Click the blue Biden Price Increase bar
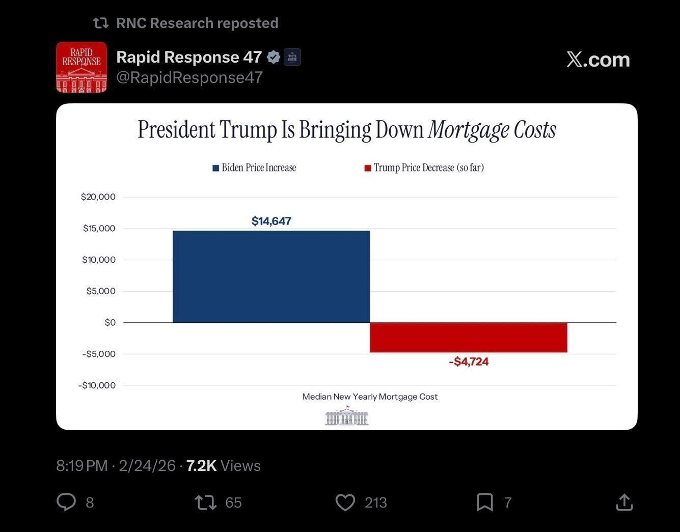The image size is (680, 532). pyautogui.click(x=271, y=276)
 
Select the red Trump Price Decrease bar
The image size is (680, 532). pyautogui.click(x=468, y=337)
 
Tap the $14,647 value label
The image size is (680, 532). pyautogui.click(x=271, y=221)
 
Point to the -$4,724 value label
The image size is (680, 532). pyautogui.click(x=469, y=361)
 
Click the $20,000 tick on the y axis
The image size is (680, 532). pyautogui.click(x=98, y=197)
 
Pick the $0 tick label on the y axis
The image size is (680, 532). pyautogui.click(x=110, y=322)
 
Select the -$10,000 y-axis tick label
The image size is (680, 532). pyautogui.click(x=97, y=385)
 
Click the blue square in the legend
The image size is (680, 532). pyautogui.click(x=216, y=168)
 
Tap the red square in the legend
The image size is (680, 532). pyautogui.click(x=367, y=168)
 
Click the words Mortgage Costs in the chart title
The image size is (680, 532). pyautogui.click(x=492, y=130)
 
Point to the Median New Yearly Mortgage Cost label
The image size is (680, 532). pyautogui.click(x=370, y=397)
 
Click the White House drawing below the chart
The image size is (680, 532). pyautogui.click(x=346, y=416)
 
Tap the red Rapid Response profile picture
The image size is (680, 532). pyautogui.click(x=81, y=67)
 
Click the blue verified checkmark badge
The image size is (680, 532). pyautogui.click(x=274, y=57)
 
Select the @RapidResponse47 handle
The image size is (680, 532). pyautogui.click(x=189, y=77)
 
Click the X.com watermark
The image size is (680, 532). pyautogui.click(x=598, y=60)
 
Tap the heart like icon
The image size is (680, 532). pyautogui.click(x=345, y=502)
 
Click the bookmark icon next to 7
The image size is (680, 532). pyautogui.click(x=484, y=502)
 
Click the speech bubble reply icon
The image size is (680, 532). pyautogui.click(x=66, y=502)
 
